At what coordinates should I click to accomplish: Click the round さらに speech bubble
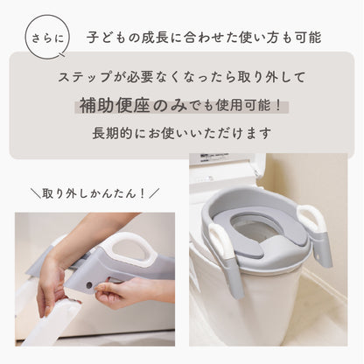click(47, 37)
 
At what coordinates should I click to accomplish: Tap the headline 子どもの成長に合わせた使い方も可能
click(204, 38)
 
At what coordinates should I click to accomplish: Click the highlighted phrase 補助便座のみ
click(133, 105)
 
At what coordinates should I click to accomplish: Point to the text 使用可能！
click(248, 105)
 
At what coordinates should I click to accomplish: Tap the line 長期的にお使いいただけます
click(182, 133)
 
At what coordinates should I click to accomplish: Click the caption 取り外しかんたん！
click(94, 193)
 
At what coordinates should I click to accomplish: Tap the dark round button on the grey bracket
click(89, 285)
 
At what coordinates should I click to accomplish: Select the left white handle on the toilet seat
click(220, 242)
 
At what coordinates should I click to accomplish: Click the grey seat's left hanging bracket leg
click(235, 277)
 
